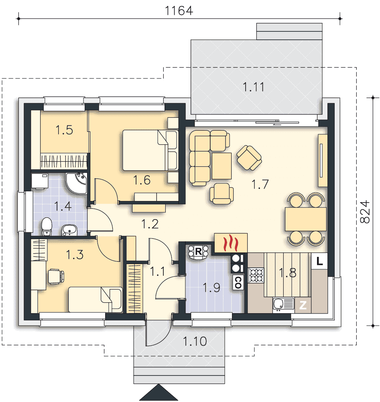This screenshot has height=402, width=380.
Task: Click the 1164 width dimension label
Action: (179, 10)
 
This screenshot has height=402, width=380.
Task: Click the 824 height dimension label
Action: (365, 212)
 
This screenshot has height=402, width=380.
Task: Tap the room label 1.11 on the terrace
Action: (253, 87)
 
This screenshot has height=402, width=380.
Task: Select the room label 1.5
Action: (64, 130)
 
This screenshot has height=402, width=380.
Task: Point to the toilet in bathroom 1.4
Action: (47, 226)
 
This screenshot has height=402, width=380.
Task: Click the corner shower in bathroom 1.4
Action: (76, 183)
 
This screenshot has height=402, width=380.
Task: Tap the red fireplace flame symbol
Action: (231, 242)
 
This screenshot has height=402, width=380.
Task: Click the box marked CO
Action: (238, 282)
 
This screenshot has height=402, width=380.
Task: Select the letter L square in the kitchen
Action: (319, 261)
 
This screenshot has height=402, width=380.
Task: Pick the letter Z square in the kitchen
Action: (303, 305)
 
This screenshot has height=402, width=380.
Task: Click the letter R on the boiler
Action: (198, 252)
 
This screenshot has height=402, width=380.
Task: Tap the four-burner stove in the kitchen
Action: (256, 275)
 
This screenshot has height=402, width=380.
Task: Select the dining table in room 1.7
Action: (305, 219)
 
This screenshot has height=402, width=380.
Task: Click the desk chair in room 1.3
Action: (56, 277)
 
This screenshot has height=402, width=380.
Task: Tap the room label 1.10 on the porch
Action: (195, 341)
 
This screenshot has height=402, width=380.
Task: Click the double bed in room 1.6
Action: (150, 150)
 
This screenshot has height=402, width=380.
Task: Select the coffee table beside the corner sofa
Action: (221, 166)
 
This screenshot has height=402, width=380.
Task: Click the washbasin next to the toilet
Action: (69, 230)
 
